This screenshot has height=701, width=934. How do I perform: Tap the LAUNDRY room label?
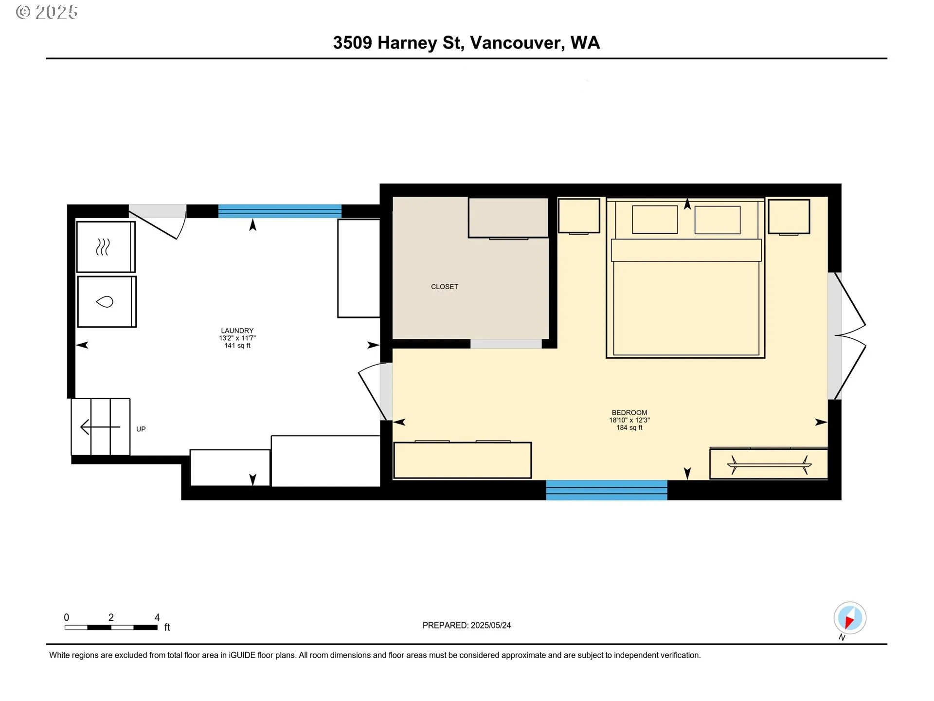[237, 331]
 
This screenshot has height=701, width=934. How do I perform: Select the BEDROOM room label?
[629, 412]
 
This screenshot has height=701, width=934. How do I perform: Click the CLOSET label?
[445, 287]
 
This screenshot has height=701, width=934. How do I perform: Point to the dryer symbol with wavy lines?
[103, 247]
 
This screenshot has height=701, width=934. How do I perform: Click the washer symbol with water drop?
[105, 302]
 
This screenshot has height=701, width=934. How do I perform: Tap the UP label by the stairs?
[141, 429]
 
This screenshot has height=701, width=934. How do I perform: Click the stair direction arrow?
[100, 427]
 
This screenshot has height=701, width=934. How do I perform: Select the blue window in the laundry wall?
[280, 211]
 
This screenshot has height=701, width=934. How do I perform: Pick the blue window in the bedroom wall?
[607, 490]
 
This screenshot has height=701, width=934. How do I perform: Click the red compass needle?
[849, 622]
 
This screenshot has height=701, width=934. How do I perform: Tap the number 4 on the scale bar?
[157, 617]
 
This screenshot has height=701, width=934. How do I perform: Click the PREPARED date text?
[467, 626]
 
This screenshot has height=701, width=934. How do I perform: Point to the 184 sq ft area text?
[629, 427]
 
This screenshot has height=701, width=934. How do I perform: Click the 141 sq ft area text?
[237, 346]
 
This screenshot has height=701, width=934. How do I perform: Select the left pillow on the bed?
[655, 220]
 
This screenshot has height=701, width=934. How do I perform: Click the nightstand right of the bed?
[789, 217]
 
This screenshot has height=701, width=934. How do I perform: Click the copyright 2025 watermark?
[47, 12]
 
